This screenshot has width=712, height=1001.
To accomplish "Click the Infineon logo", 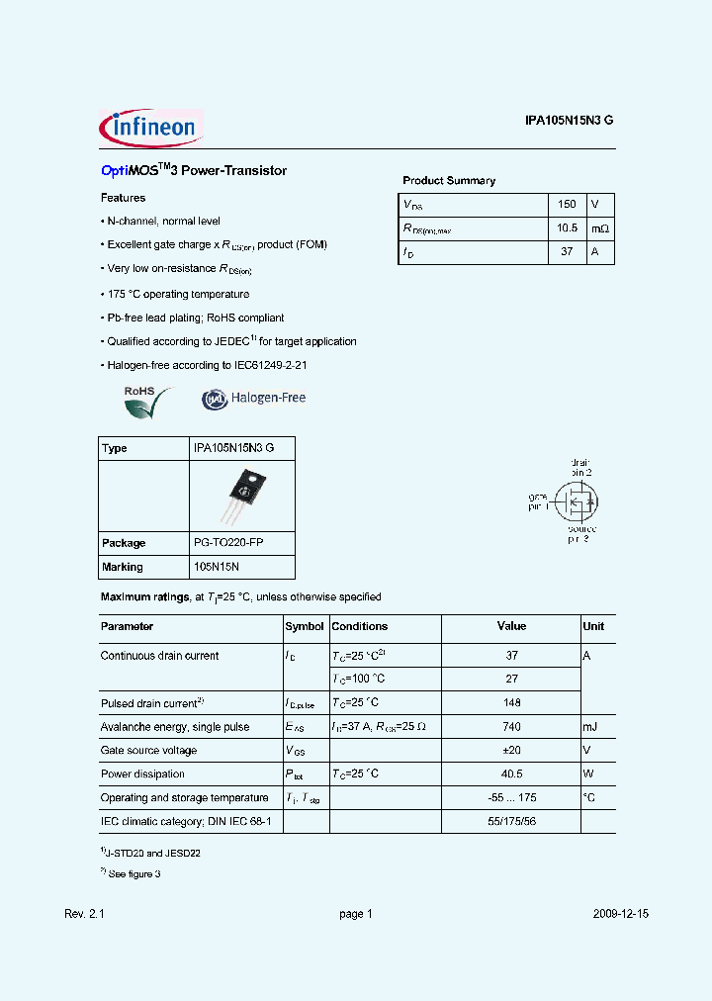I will [150, 127].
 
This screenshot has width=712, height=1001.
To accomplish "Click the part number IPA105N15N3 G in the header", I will [569, 121].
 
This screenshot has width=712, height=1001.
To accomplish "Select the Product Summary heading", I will [449, 181].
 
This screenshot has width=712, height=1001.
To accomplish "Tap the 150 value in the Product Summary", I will [567, 205].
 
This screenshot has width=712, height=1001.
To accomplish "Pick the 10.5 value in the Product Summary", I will [567, 228].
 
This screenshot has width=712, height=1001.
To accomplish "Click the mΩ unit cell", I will [600, 228].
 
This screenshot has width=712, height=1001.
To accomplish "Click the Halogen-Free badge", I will [254, 399].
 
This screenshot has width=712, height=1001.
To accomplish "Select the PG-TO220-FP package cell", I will [227, 543].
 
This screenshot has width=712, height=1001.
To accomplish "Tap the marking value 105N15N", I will [217, 567].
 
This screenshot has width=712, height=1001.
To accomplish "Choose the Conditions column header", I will [360, 627].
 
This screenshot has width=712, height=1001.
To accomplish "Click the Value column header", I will [511, 627].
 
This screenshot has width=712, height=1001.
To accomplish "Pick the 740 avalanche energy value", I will [511, 727].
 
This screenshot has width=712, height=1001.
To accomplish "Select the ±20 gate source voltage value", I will [511, 751].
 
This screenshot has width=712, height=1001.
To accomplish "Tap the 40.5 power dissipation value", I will [511, 774].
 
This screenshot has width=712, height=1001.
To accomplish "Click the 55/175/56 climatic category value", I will [511, 822].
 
